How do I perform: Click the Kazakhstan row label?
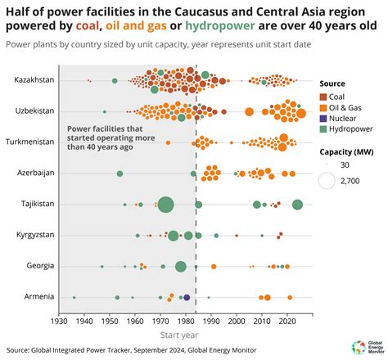point(33,80)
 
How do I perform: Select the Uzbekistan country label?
point(34,110)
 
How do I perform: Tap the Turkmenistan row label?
point(31,142)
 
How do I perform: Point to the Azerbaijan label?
point(35,173)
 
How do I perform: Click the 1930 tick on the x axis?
point(58,322)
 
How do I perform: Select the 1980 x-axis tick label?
point(184,322)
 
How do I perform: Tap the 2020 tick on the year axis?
point(286,322)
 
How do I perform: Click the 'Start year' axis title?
point(178,335)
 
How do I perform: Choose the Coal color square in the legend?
point(323,97)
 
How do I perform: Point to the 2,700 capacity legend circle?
point(327,182)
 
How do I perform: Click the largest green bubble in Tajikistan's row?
point(165,205)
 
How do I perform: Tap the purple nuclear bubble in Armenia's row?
point(187,298)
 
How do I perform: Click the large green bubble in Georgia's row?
point(180,267)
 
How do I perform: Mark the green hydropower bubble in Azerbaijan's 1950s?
point(120,173)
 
